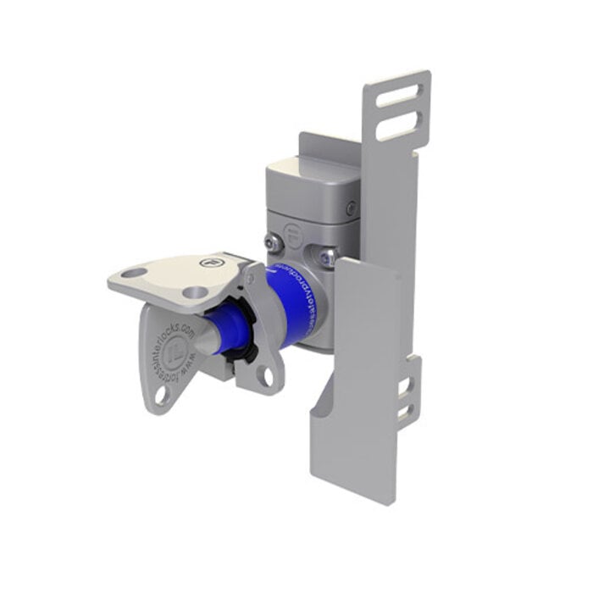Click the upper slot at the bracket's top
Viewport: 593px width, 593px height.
click(398, 94)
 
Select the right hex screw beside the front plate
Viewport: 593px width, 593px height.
click(326, 252)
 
